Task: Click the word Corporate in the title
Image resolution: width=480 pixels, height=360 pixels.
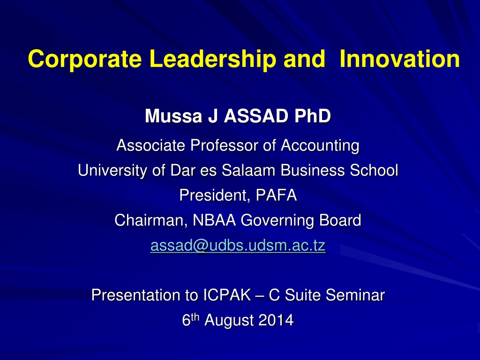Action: [x=85, y=59]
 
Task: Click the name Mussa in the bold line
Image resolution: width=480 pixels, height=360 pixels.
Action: [x=173, y=116]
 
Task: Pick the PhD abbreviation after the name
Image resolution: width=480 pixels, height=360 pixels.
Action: [x=313, y=116]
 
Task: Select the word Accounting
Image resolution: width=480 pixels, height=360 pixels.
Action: [x=320, y=146]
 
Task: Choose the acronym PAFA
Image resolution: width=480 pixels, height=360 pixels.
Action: [x=276, y=195]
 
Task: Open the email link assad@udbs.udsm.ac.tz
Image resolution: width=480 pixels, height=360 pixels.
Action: [x=238, y=246]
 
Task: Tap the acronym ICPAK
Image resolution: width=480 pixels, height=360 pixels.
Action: [x=227, y=295]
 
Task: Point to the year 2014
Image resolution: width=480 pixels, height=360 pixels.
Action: [x=276, y=320]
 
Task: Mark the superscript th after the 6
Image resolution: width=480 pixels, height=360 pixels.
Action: [x=195, y=317]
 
